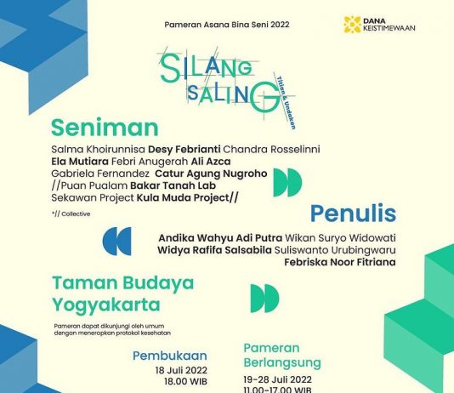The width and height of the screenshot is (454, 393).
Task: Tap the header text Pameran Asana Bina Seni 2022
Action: click(x=227, y=26)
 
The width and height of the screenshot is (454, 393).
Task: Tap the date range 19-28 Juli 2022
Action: click(x=278, y=379)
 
